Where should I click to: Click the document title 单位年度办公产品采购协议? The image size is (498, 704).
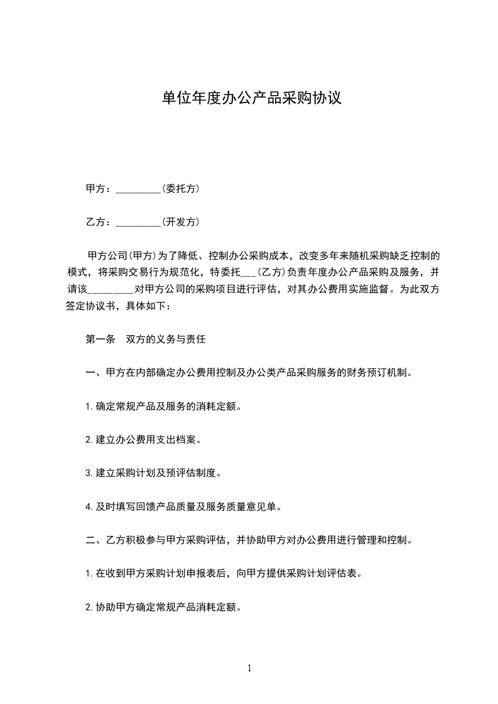pyautogui.click(x=251, y=98)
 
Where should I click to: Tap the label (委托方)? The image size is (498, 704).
pyautogui.click(x=180, y=188)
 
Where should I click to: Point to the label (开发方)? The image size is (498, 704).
pyautogui.click(x=180, y=221)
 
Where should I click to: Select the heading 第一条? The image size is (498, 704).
pyautogui.click(x=100, y=339)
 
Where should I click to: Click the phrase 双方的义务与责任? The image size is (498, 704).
pyautogui.click(x=166, y=339)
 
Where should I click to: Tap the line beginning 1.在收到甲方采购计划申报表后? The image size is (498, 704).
pyautogui.click(x=224, y=573)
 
